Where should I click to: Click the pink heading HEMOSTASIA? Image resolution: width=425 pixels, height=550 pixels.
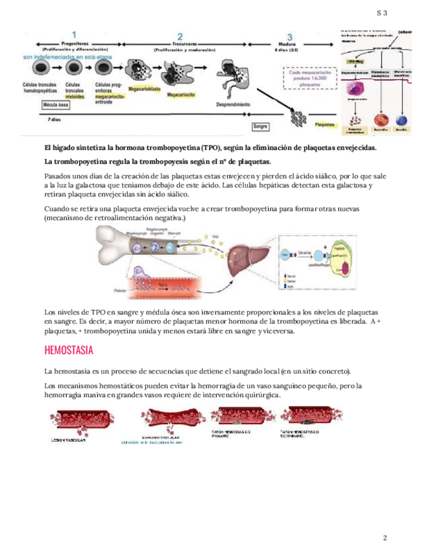click(x=69, y=351)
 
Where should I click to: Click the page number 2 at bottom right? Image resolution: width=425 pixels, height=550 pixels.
click(x=385, y=538)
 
